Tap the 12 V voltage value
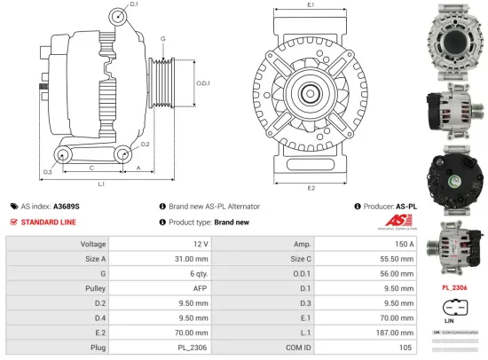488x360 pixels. [x=200, y=244]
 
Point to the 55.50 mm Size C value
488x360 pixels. [x=396, y=258]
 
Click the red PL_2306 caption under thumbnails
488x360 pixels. [x=454, y=288]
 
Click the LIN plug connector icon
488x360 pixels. [x=453, y=310]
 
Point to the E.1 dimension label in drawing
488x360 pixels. [x=310, y=5]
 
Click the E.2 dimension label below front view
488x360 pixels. [x=310, y=188]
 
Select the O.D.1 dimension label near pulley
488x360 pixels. [x=201, y=84]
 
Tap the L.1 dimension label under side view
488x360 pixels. [x=101, y=184]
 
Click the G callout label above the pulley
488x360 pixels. [x=162, y=38]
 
